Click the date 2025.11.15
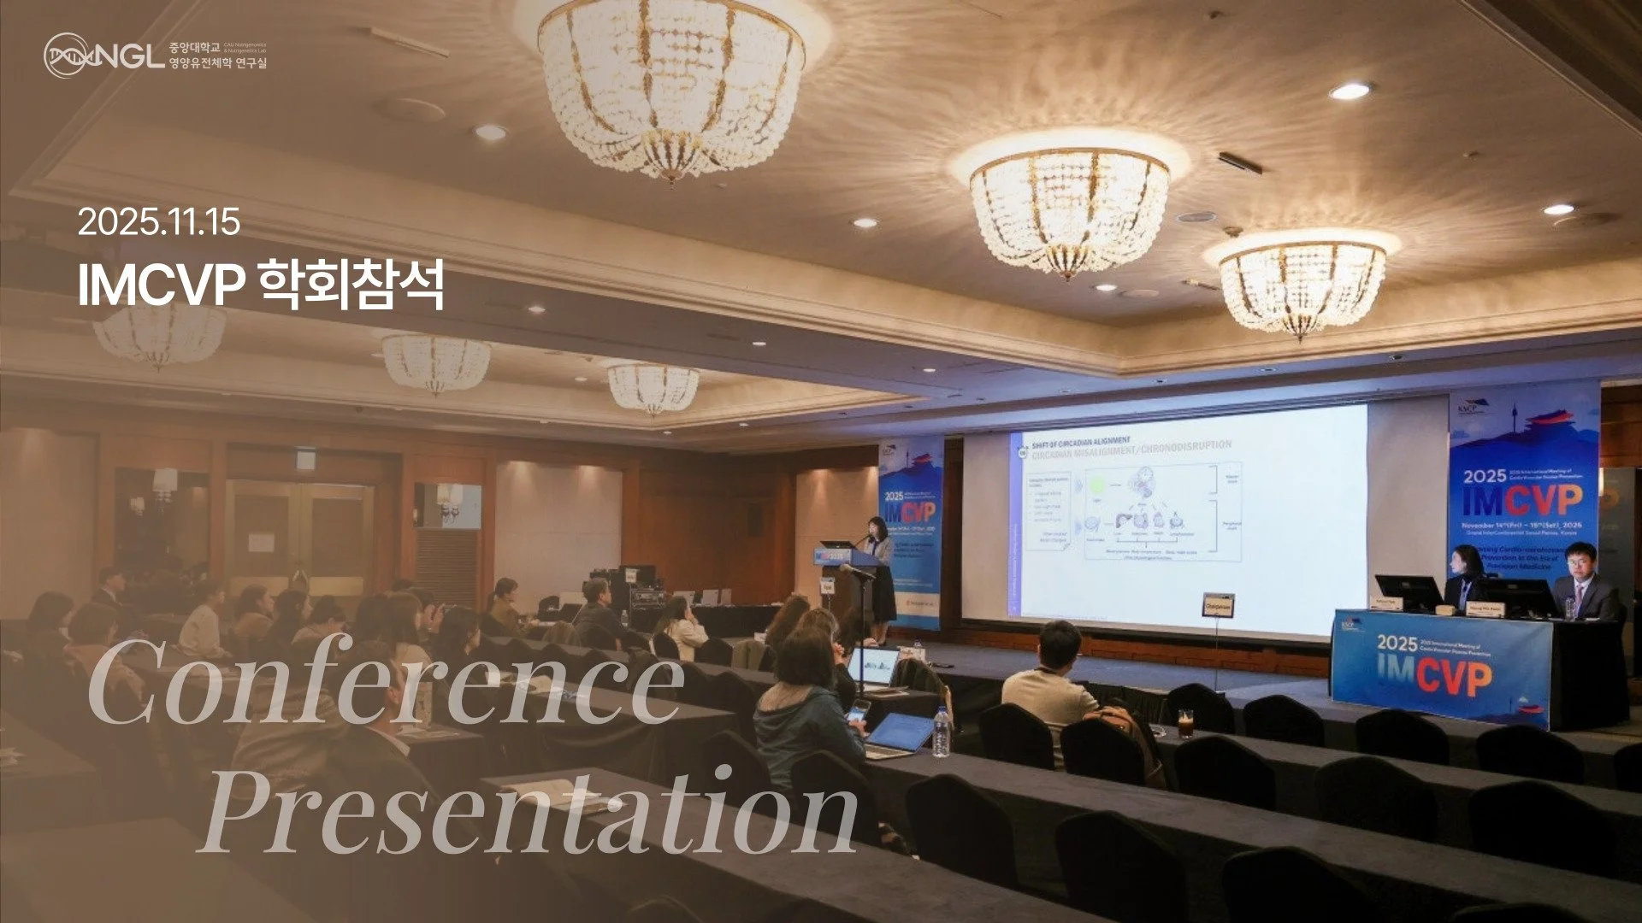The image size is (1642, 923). click(x=159, y=223)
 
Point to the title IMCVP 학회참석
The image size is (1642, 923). click(x=261, y=285)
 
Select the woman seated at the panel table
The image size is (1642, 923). click(x=1466, y=577)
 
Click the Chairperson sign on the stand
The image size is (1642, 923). click(x=1218, y=604)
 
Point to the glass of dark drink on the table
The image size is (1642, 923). click(x=1185, y=723)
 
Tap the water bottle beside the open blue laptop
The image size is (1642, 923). click(x=941, y=732)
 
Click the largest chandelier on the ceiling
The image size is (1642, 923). click(x=671, y=85)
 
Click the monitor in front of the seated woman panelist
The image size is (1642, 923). click(x=1408, y=591)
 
